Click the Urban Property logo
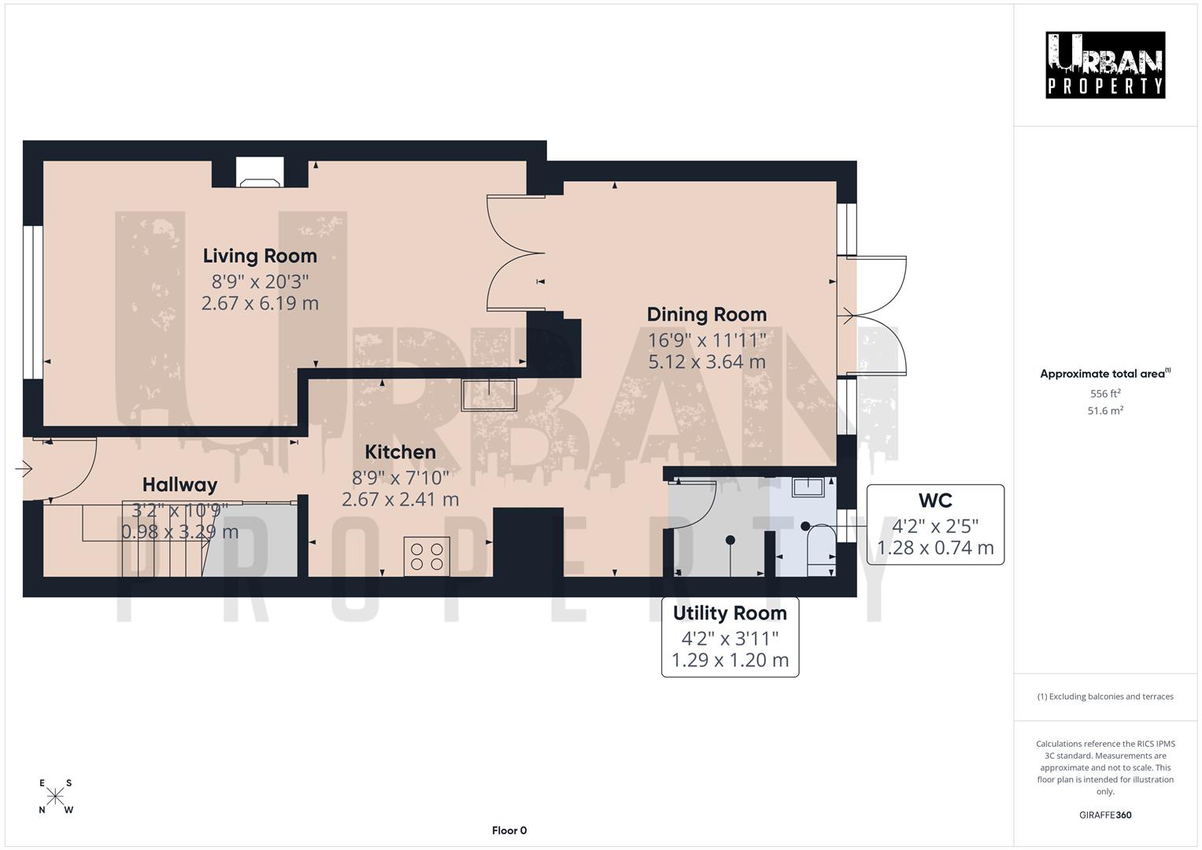pyautogui.click(x=1104, y=65)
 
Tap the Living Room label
pyautogui.click(x=260, y=256)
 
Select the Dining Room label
pyautogui.click(x=706, y=315)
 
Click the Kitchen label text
pyautogui.click(x=400, y=452)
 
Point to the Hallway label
pyautogui.click(x=179, y=485)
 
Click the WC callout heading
pyautogui.click(x=934, y=501)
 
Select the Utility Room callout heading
pyautogui.click(x=730, y=613)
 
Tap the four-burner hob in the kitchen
pyautogui.click(x=427, y=556)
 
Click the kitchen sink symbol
pyautogui.click(x=489, y=394)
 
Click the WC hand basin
pyautogui.click(x=808, y=487)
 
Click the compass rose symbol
pyautogui.click(x=56, y=796)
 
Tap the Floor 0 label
pyautogui.click(x=509, y=830)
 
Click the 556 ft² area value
pyautogui.click(x=1105, y=394)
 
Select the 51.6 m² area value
pyautogui.click(x=1105, y=411)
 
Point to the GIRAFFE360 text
pyautogui.click(x=1105, y=815)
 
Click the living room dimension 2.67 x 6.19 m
pyautogui.click(x=260, y=304)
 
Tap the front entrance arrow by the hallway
pyautogui.click(x=23, y=470)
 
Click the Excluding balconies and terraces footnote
pyautogui.click(x=1105, y=697)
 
